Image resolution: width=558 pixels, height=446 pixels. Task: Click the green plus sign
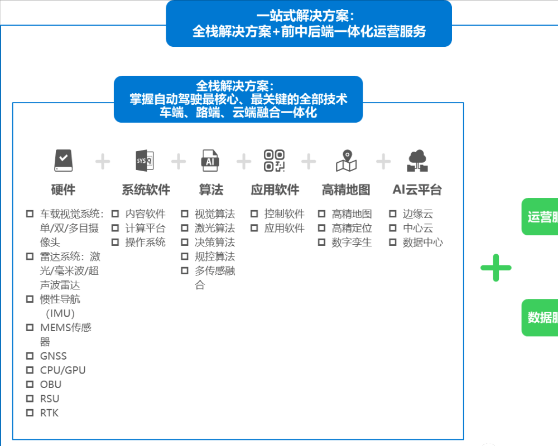click(x=496, y=268)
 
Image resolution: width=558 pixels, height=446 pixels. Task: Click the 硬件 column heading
click(x=63, y=190)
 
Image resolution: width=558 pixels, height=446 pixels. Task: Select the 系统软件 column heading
click(x=146, y=190)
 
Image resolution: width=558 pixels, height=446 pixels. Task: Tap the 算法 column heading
click(x=211, y=190)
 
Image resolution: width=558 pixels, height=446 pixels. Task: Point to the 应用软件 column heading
click(x=275, y=190)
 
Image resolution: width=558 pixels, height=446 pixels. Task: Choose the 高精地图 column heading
click(x=345, y=190)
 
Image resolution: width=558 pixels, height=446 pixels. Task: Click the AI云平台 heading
click(x=417, y=190)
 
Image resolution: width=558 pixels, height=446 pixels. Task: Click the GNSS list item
click(x=53, y=356)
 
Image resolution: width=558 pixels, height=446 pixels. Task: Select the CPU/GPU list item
click(x=62, y=370)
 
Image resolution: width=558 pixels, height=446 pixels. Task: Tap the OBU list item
click(x=50, y=384)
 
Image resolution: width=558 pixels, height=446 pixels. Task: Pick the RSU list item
click(x=49, y=399)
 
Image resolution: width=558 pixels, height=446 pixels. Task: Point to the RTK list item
click(x=49, y=413)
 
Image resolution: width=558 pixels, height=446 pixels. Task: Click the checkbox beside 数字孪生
click(x=321, y=242)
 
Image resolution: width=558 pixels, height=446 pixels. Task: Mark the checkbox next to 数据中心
click(x=392, y=242)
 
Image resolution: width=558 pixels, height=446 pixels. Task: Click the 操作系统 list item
click(x=145, y=242)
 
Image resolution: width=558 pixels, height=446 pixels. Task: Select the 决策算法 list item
click(x=215, y=242)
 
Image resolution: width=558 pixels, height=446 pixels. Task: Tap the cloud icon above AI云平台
click(x=417, y=161)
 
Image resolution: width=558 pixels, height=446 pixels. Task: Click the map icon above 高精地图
click(x=346, y=161)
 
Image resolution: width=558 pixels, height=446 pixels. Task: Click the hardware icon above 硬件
click(x=63, y=161)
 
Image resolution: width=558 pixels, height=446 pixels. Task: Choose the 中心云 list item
click(x=417, y=228)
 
